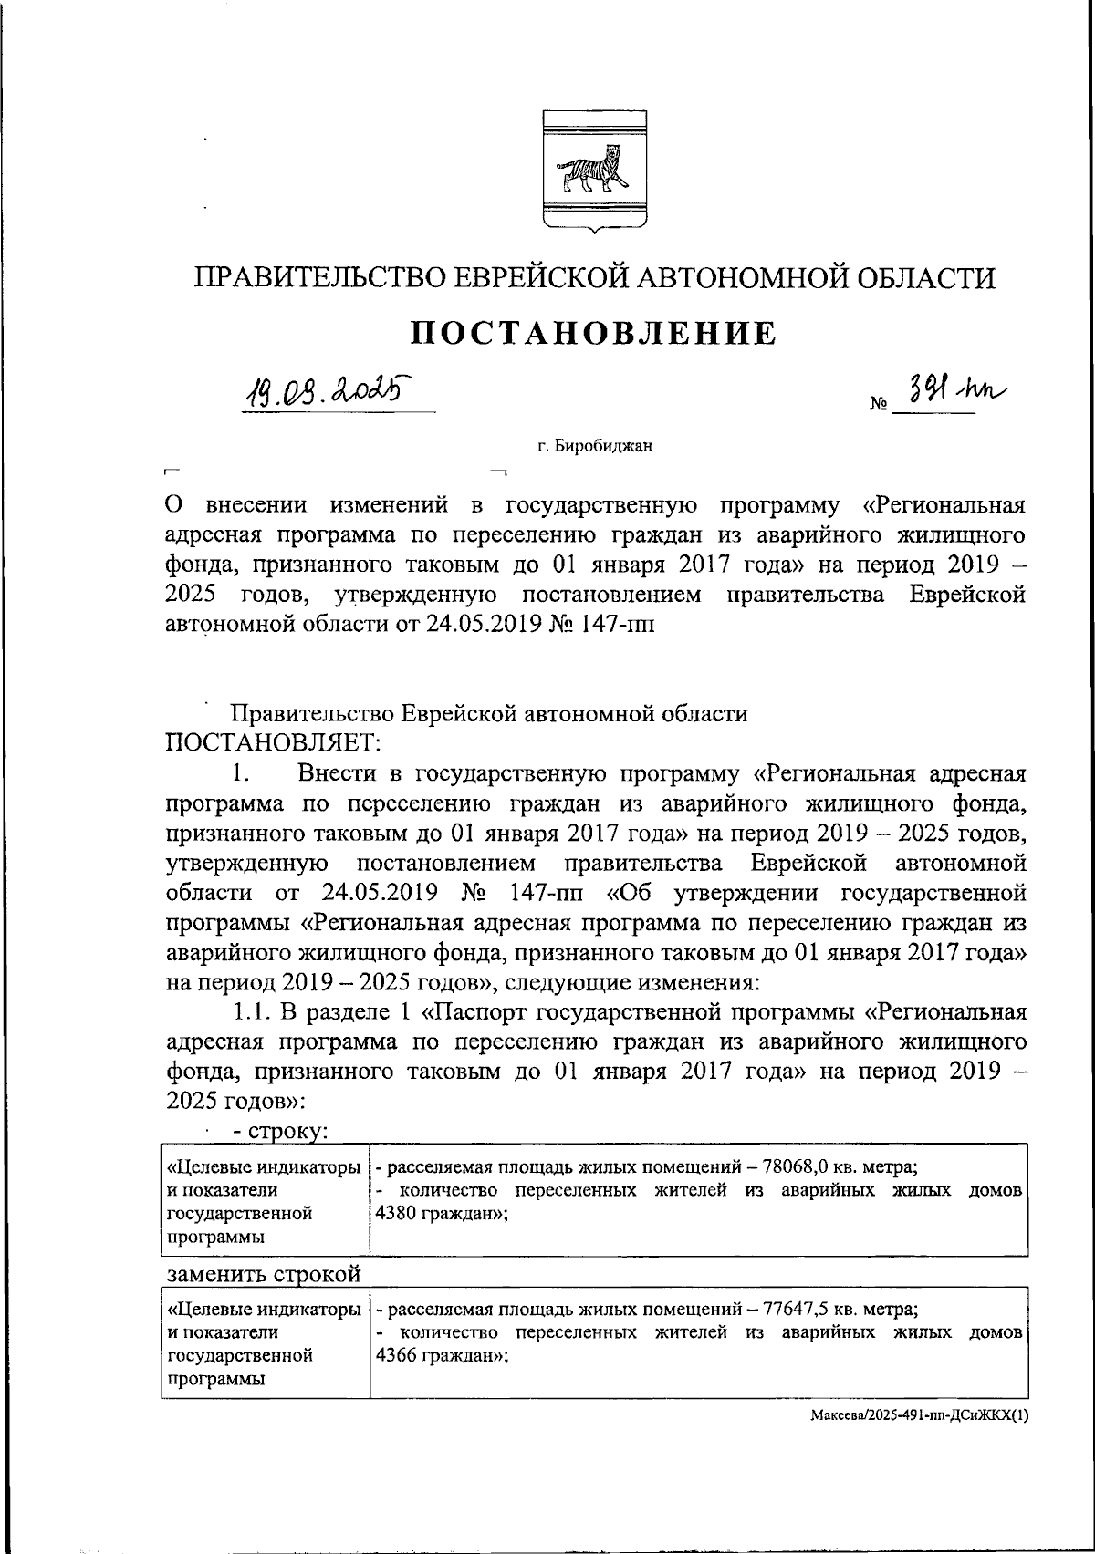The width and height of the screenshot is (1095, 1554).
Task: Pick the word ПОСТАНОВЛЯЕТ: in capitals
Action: [271, 743]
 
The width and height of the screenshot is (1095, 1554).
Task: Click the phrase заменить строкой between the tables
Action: [265, 1273]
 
